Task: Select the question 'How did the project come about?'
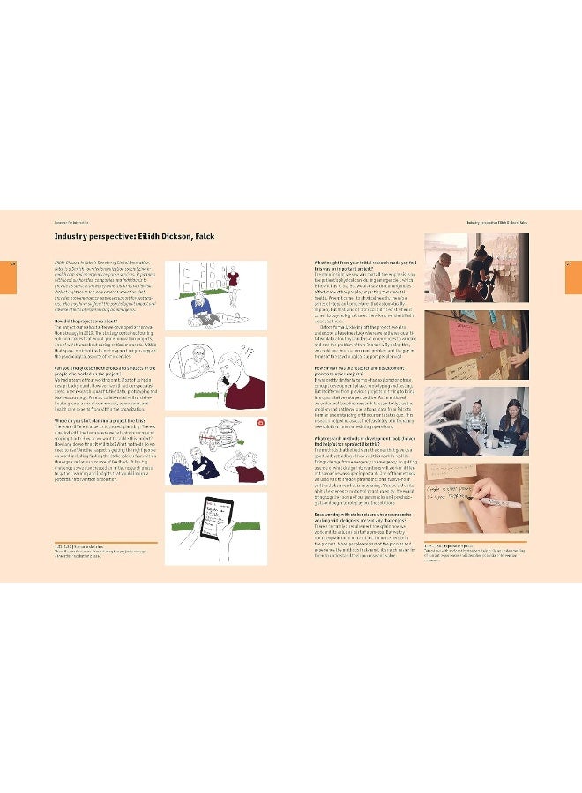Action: click(87, 322)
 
